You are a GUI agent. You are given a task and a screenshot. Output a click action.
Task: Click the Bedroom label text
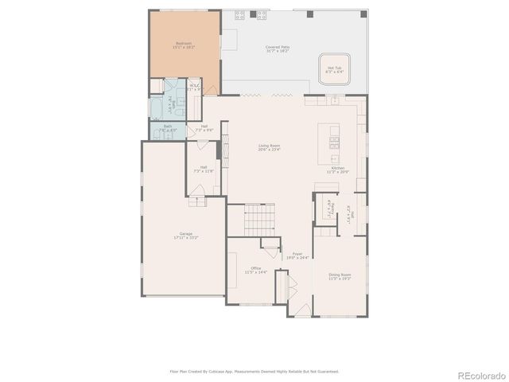pyautogui.click(x=184, y=43)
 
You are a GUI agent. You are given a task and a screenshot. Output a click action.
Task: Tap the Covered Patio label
pyautogui.click(x=278, y=47)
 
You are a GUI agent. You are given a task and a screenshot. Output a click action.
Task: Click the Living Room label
pyautogui.click(x=269, y=146)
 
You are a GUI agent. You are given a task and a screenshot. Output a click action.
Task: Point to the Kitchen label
pyautogui.click(x=338, y=168)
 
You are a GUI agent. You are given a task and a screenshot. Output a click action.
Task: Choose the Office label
pyautogui.click(x=256, y=268)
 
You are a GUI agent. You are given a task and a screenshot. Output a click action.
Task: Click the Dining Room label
pyautogui.click(x=340, y=275)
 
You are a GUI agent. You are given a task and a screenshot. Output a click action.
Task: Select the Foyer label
pyautogui.click(x=297, y=255)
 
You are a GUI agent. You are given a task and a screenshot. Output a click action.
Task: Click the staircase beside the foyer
pyautogui.click(x=258, y=219)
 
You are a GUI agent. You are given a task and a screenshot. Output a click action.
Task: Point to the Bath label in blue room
pyautogui.click(x=168, y=126)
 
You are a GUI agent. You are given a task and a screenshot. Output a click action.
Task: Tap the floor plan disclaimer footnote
pyautogui.click(x=254, y=371)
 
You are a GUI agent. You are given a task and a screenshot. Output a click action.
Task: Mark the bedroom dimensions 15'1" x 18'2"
pyautogui.click(x=184, y=48)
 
